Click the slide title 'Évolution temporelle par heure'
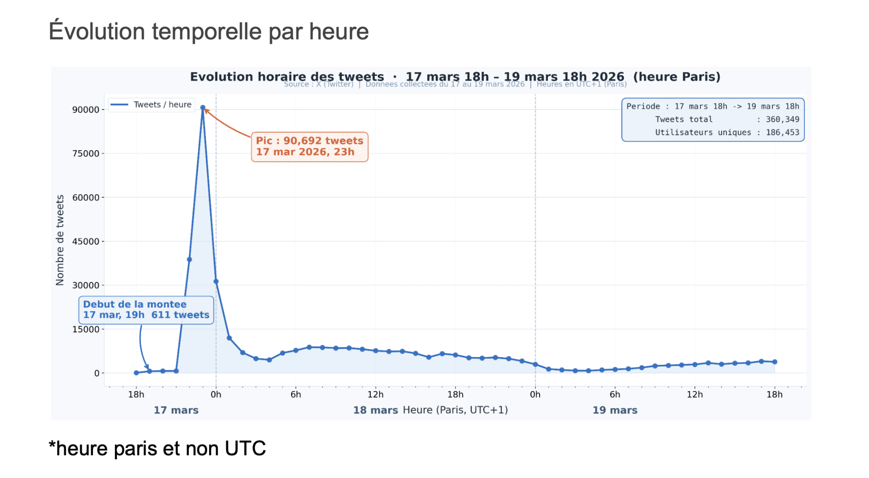point(208,31)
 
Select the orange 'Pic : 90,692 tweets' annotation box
point(309,147)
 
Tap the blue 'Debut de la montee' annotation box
point(146,310)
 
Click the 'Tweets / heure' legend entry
point(151,105)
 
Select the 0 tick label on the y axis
point(97,373)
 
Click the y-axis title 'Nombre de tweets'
point(60,240)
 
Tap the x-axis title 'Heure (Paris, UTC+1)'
point(455,410)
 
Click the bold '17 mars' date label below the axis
point(176,410)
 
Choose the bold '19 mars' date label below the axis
point(615,410)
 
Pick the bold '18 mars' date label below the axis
point(376,410)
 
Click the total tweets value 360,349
point(782,120)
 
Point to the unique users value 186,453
point(782,133)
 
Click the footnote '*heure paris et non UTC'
point(157,448)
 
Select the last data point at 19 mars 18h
point(775,362)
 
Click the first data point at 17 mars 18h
point(136,373)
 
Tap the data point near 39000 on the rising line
point(189,260)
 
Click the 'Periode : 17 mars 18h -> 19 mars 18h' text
point(713,106)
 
